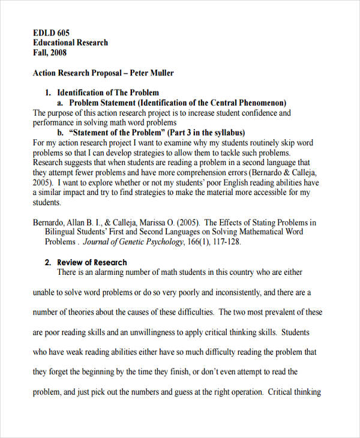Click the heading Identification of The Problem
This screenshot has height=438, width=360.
pos(108,92)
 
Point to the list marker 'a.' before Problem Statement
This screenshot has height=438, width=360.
pos(62,103)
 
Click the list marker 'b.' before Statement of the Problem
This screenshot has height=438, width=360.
pos(62,133)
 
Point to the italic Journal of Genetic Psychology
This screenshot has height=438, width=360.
pos(132,242)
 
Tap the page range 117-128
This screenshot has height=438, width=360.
pos(227,242)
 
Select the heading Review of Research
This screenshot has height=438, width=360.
pos(92,262)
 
